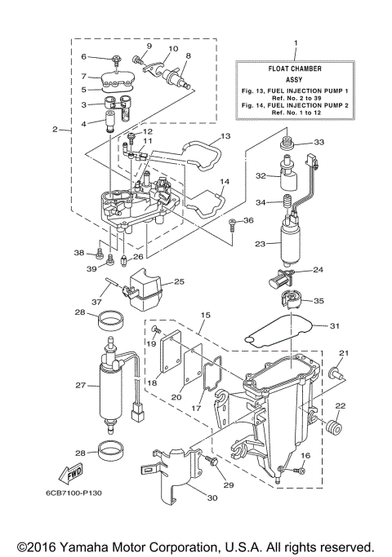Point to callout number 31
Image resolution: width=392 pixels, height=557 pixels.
[x=334, y=327]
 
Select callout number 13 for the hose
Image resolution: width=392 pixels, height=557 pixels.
[x=226, y=136]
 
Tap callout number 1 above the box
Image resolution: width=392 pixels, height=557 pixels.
[x=296, y=42]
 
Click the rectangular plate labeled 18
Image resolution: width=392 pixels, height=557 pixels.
[x=169, y=353]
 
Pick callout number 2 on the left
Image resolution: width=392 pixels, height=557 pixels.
[x=55, y=129]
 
